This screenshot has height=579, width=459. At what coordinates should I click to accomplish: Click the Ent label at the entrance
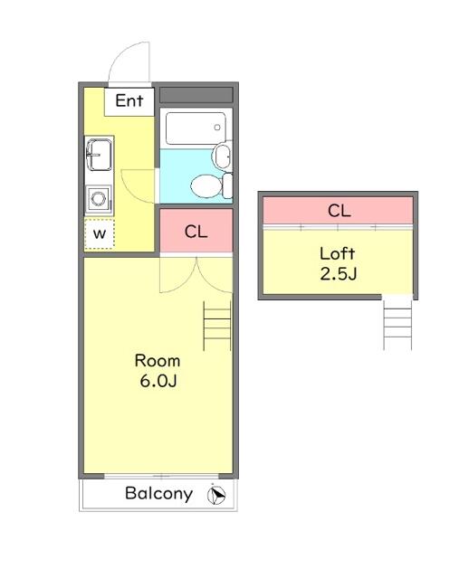pos(129,100)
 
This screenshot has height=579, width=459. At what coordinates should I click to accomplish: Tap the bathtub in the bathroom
pos(196,128)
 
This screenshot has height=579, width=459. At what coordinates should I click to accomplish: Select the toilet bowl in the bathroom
pos(206,186)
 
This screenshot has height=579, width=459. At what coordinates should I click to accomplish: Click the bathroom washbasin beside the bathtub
pos(223,156)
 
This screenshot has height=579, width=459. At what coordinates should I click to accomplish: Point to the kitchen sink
pos(99,155)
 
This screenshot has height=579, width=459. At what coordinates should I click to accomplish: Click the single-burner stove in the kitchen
pos(99,199)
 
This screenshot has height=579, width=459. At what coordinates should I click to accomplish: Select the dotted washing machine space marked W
pos(100,233)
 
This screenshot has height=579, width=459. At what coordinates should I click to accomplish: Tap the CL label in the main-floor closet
pos(196,232)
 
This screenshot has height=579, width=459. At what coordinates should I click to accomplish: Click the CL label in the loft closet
pos(339,211)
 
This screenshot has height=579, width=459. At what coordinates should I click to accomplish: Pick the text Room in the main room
pos(158,360)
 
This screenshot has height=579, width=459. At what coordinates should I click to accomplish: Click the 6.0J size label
pos(158,381)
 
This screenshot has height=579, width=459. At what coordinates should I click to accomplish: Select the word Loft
pos(338,253)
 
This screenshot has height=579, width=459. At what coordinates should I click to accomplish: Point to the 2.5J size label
pos(339,274)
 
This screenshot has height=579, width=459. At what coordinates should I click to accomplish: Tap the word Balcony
pos(159,493)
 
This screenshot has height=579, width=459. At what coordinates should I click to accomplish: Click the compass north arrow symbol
pos(216,495)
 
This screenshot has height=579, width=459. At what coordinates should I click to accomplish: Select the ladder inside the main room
pos(217,326)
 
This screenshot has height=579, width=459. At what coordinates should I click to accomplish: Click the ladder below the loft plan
pos(397,324)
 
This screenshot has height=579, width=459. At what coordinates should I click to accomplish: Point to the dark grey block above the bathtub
pos(196,95)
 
